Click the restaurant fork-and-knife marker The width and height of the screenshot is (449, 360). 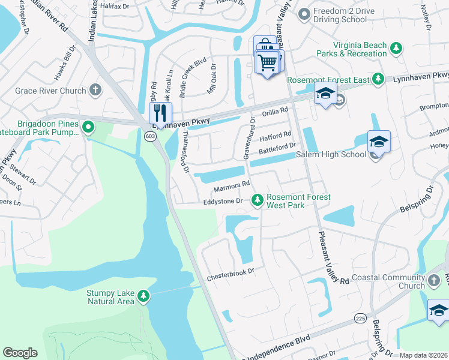[160, 112]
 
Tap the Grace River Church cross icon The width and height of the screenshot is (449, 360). [95, 91]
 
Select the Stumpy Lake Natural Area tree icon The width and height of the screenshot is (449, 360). [143, 296]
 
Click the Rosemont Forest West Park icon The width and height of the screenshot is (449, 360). [258, 199]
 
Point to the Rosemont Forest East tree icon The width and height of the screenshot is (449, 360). [378, 79]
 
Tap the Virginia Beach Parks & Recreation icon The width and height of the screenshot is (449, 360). [396, 48]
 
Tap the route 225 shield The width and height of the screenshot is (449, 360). [360, 317]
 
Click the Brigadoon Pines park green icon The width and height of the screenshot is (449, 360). [88, 127]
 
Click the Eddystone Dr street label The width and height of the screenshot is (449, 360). [221, 202]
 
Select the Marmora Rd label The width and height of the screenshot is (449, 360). [231, 185]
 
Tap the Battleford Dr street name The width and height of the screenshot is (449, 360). [277, 146]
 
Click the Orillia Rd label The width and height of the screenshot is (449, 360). [275, 111]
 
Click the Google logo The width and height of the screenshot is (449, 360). [20, 353]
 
